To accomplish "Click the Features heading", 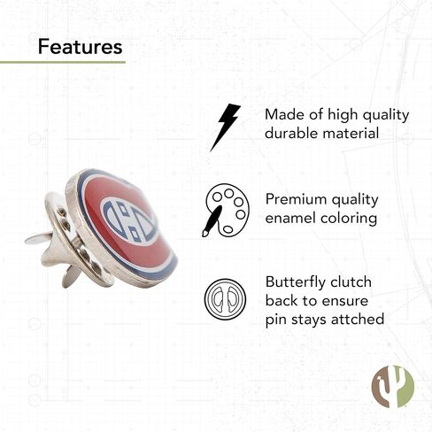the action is pos(80,47).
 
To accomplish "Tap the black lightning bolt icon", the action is pos(225,127).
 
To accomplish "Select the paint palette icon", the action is pos(226,211).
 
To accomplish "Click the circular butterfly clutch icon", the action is pos(225,298).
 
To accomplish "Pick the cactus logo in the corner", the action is pos(393,386).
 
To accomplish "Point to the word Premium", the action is pos(296,199).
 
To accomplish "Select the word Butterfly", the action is pos(296,283).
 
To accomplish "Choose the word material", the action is pos(351,133).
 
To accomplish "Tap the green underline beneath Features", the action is pos(63,62).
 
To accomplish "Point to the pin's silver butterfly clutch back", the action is pos(68,241).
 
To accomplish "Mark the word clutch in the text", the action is pos(351,282).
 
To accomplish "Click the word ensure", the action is pos(345,301).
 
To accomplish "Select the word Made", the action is pos(284,114).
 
